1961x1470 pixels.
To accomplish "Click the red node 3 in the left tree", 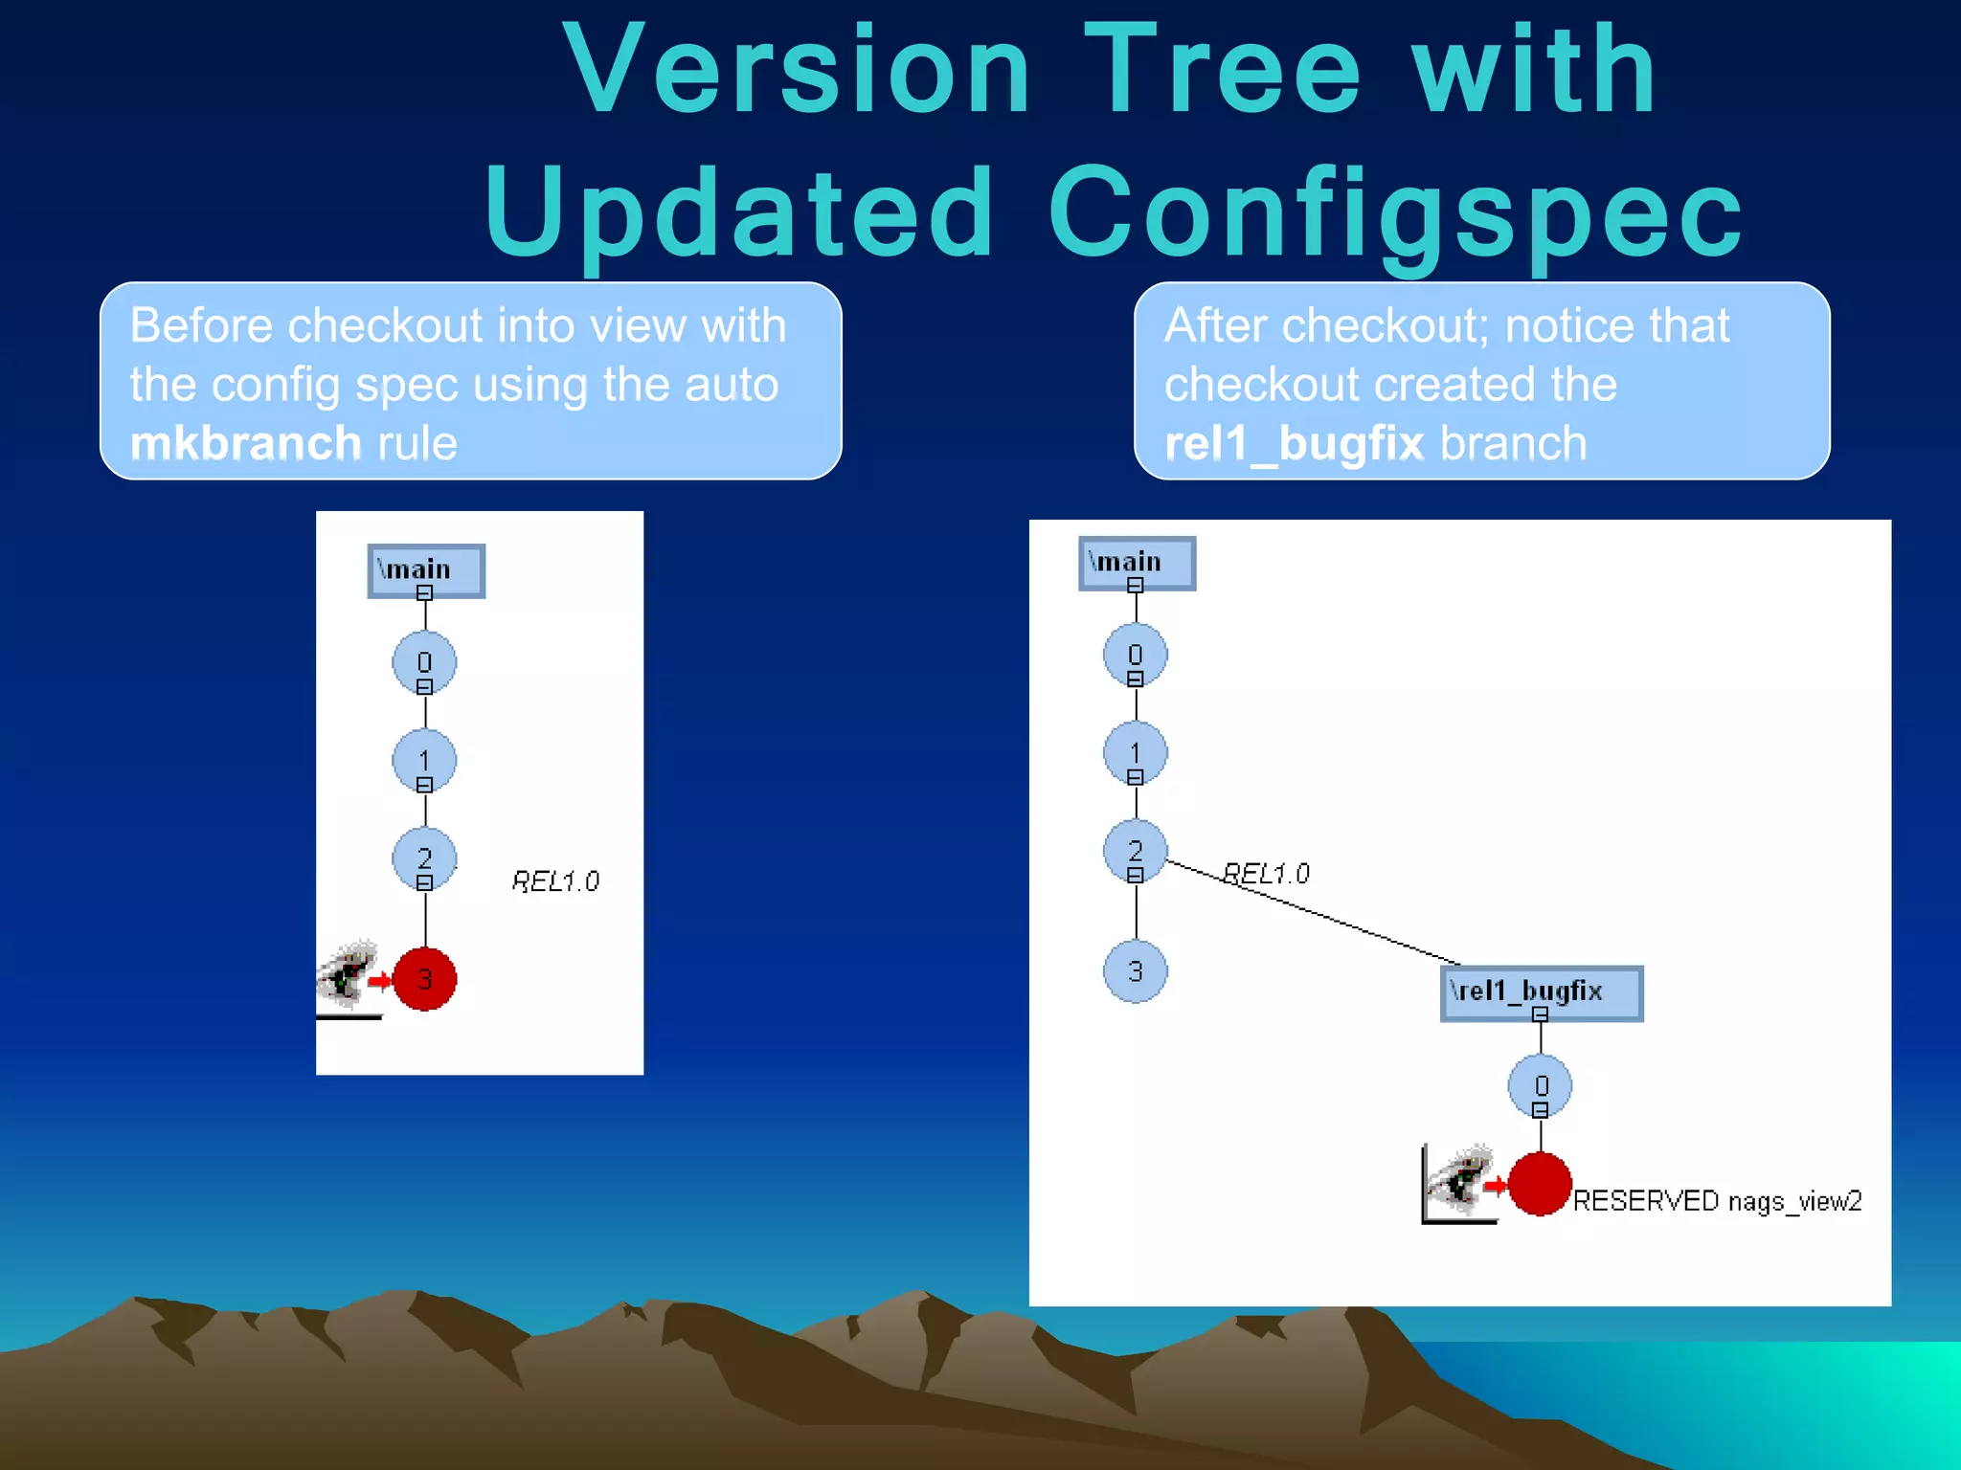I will pyautogui.click(x=424, y=979).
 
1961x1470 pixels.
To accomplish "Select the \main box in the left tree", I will pyautogui.click(x=426, y=570).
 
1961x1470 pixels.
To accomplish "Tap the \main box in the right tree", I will pyautogui.click(x=1137, y=563).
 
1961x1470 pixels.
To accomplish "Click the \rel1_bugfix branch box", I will pyautogui.click(x=1541, y=992).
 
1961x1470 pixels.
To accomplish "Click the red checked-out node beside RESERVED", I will pyautogui.click(x=1540, y=1185).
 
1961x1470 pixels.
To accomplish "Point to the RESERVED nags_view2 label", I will pyautogui.click(x=1717, y=1201).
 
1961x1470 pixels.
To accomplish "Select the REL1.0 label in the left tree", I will pyautogui.click(x=555, y=881).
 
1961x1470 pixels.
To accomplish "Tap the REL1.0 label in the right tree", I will pyautogui.click(x=1266, y=873).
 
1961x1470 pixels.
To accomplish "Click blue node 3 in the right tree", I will pyautogui.click(x=1136, y=971).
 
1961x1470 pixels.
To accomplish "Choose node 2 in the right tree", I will pyautogui.click(x=1136, y=851).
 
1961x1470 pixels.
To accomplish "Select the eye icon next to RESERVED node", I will pyautogui.click(x=1459, y=1182).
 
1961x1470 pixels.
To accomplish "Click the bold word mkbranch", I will pyautogui.click(x=245, y=444).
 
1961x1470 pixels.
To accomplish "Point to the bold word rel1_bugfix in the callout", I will pyautogui.click(x=1294, y=444).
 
